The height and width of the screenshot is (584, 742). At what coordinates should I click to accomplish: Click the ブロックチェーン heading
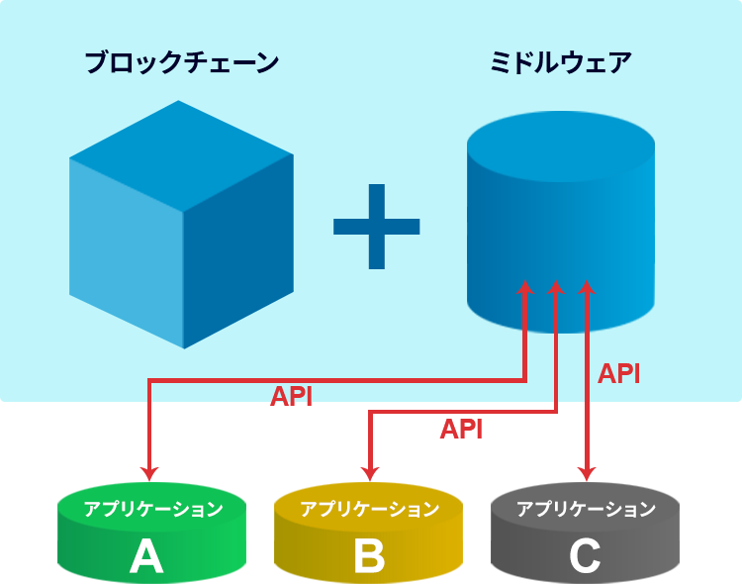182,62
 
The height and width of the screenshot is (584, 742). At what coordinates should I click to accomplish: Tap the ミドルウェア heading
560,62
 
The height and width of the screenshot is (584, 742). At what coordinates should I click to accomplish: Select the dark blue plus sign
376,227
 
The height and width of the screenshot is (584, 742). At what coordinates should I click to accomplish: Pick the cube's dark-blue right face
238,252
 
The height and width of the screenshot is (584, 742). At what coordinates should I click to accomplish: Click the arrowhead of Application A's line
525,287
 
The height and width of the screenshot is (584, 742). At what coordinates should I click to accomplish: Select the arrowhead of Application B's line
556,287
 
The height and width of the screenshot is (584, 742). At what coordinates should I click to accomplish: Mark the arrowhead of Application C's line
587,287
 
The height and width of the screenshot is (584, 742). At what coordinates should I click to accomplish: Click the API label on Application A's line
291,396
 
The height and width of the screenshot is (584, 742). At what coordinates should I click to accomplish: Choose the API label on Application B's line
460,429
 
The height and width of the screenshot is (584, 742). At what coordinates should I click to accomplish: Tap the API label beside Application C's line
619,373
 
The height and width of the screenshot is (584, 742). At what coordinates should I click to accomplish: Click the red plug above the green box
149,457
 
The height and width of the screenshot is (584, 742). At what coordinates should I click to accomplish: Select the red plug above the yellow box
370,457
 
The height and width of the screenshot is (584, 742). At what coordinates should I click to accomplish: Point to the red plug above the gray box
587,457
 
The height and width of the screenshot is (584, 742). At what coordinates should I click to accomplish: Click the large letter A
146,557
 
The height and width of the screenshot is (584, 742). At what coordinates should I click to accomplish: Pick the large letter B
369,557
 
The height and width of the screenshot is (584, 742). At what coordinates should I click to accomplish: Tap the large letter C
585,557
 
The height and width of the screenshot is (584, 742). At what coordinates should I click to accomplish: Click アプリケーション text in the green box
152,510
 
